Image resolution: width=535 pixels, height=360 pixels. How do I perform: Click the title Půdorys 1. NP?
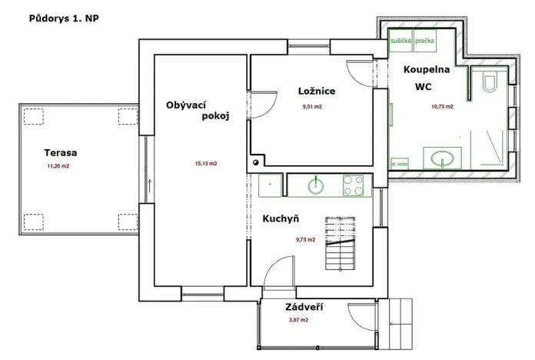[x=62, y=16]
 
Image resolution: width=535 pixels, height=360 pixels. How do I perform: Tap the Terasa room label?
[x=60, y=152]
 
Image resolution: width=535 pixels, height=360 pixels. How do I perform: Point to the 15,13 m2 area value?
[x=205, y=163]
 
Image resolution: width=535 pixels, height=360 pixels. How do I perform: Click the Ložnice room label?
[x=317, y=92]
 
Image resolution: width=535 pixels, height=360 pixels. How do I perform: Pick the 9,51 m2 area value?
[x=311, y=107]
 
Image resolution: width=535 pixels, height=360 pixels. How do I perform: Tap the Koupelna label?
[x=427, y=69]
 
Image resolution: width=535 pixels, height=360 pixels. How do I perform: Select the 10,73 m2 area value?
[x=442, y=106]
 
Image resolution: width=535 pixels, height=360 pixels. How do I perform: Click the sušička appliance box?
[x=400, y=39]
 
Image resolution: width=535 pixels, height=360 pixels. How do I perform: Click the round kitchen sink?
[x=316, y=185]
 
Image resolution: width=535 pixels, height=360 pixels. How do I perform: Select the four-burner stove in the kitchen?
[x=353, y=185]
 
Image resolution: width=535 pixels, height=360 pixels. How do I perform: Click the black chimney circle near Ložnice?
[x=255, y=163]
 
